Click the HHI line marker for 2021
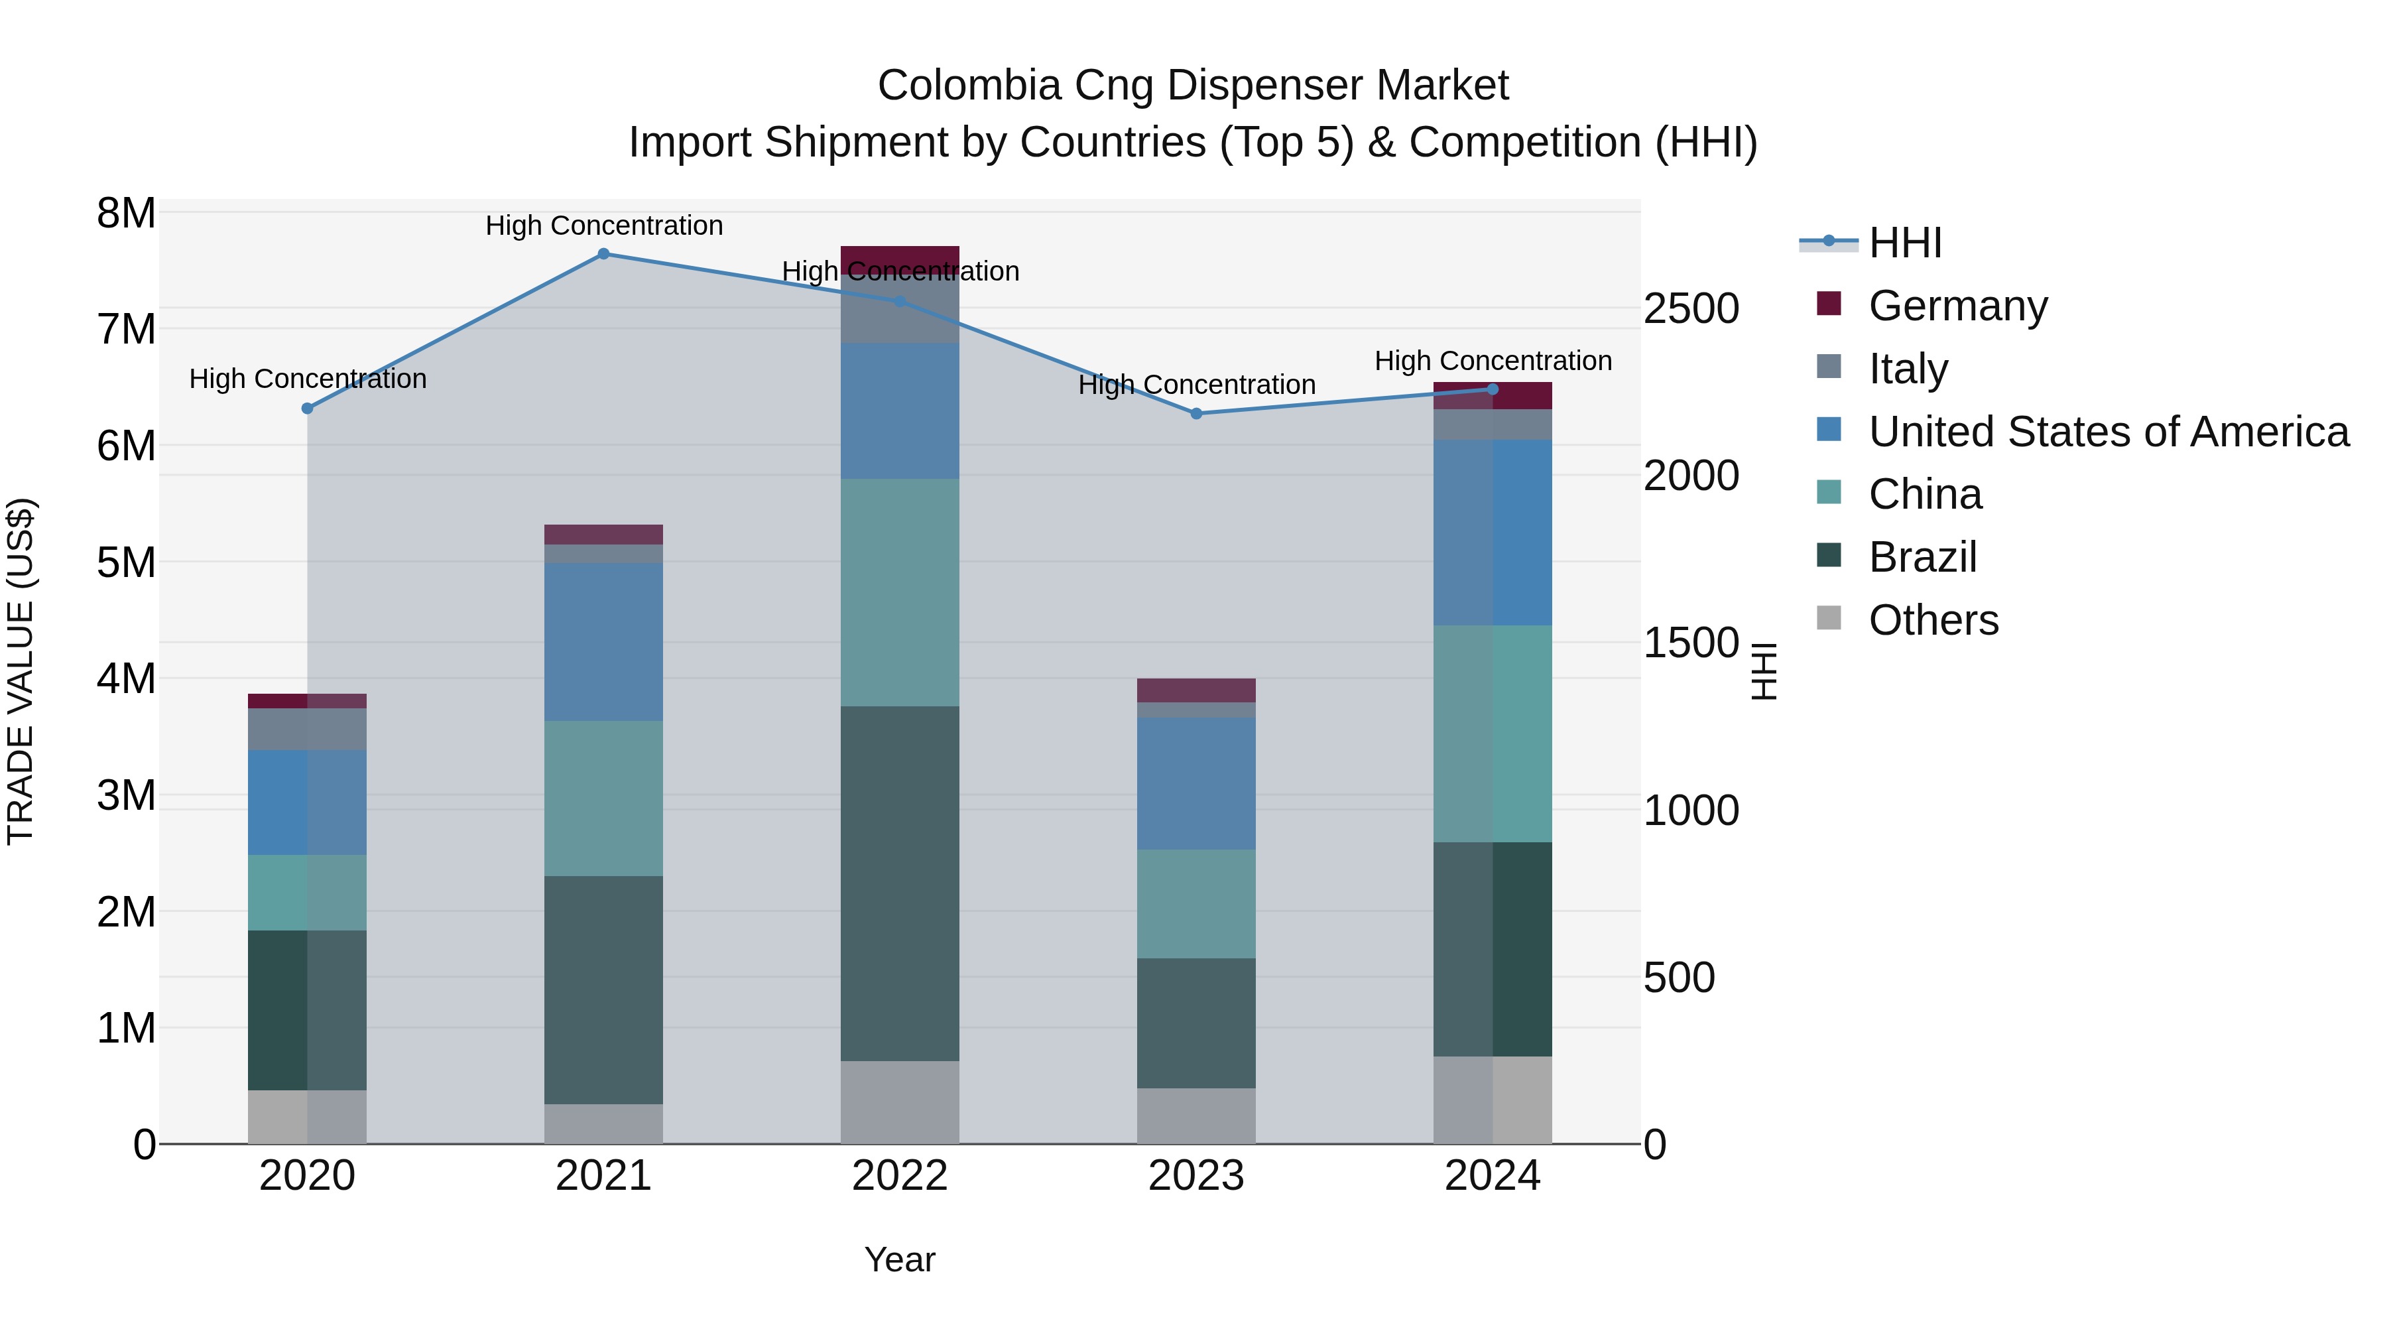(603, 254)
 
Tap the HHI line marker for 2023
(1196, 413)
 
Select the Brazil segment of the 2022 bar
(900, 883)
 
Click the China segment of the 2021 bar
(603, 798)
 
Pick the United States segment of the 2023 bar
(1196, 783)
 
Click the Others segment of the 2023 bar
(1196, 1116)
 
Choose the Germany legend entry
(1957, 306)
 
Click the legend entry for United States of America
(2108, 432)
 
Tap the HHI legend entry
(1904, 243)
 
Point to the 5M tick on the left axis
(126, 562)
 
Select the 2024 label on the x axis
(1492, 1176)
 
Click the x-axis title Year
(900, 1259)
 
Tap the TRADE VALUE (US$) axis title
(21, 671)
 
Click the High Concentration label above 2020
(308, 379)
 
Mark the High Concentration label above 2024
(1493, 361)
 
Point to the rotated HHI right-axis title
(1764, 671)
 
